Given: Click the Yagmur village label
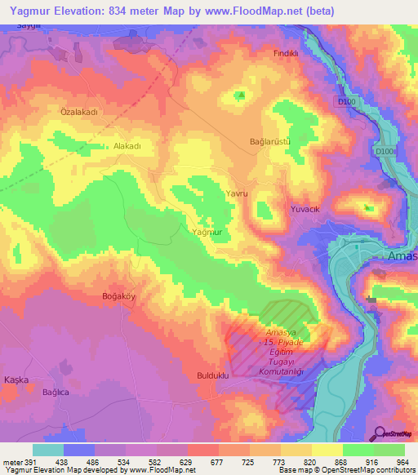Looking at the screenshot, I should tap(206, 233).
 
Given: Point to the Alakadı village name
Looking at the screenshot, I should tap(128, 145).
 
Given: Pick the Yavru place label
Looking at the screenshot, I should tap(235, 193).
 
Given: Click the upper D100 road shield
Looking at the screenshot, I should tap(345, 101).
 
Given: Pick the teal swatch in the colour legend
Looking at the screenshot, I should tap(47, 450).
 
